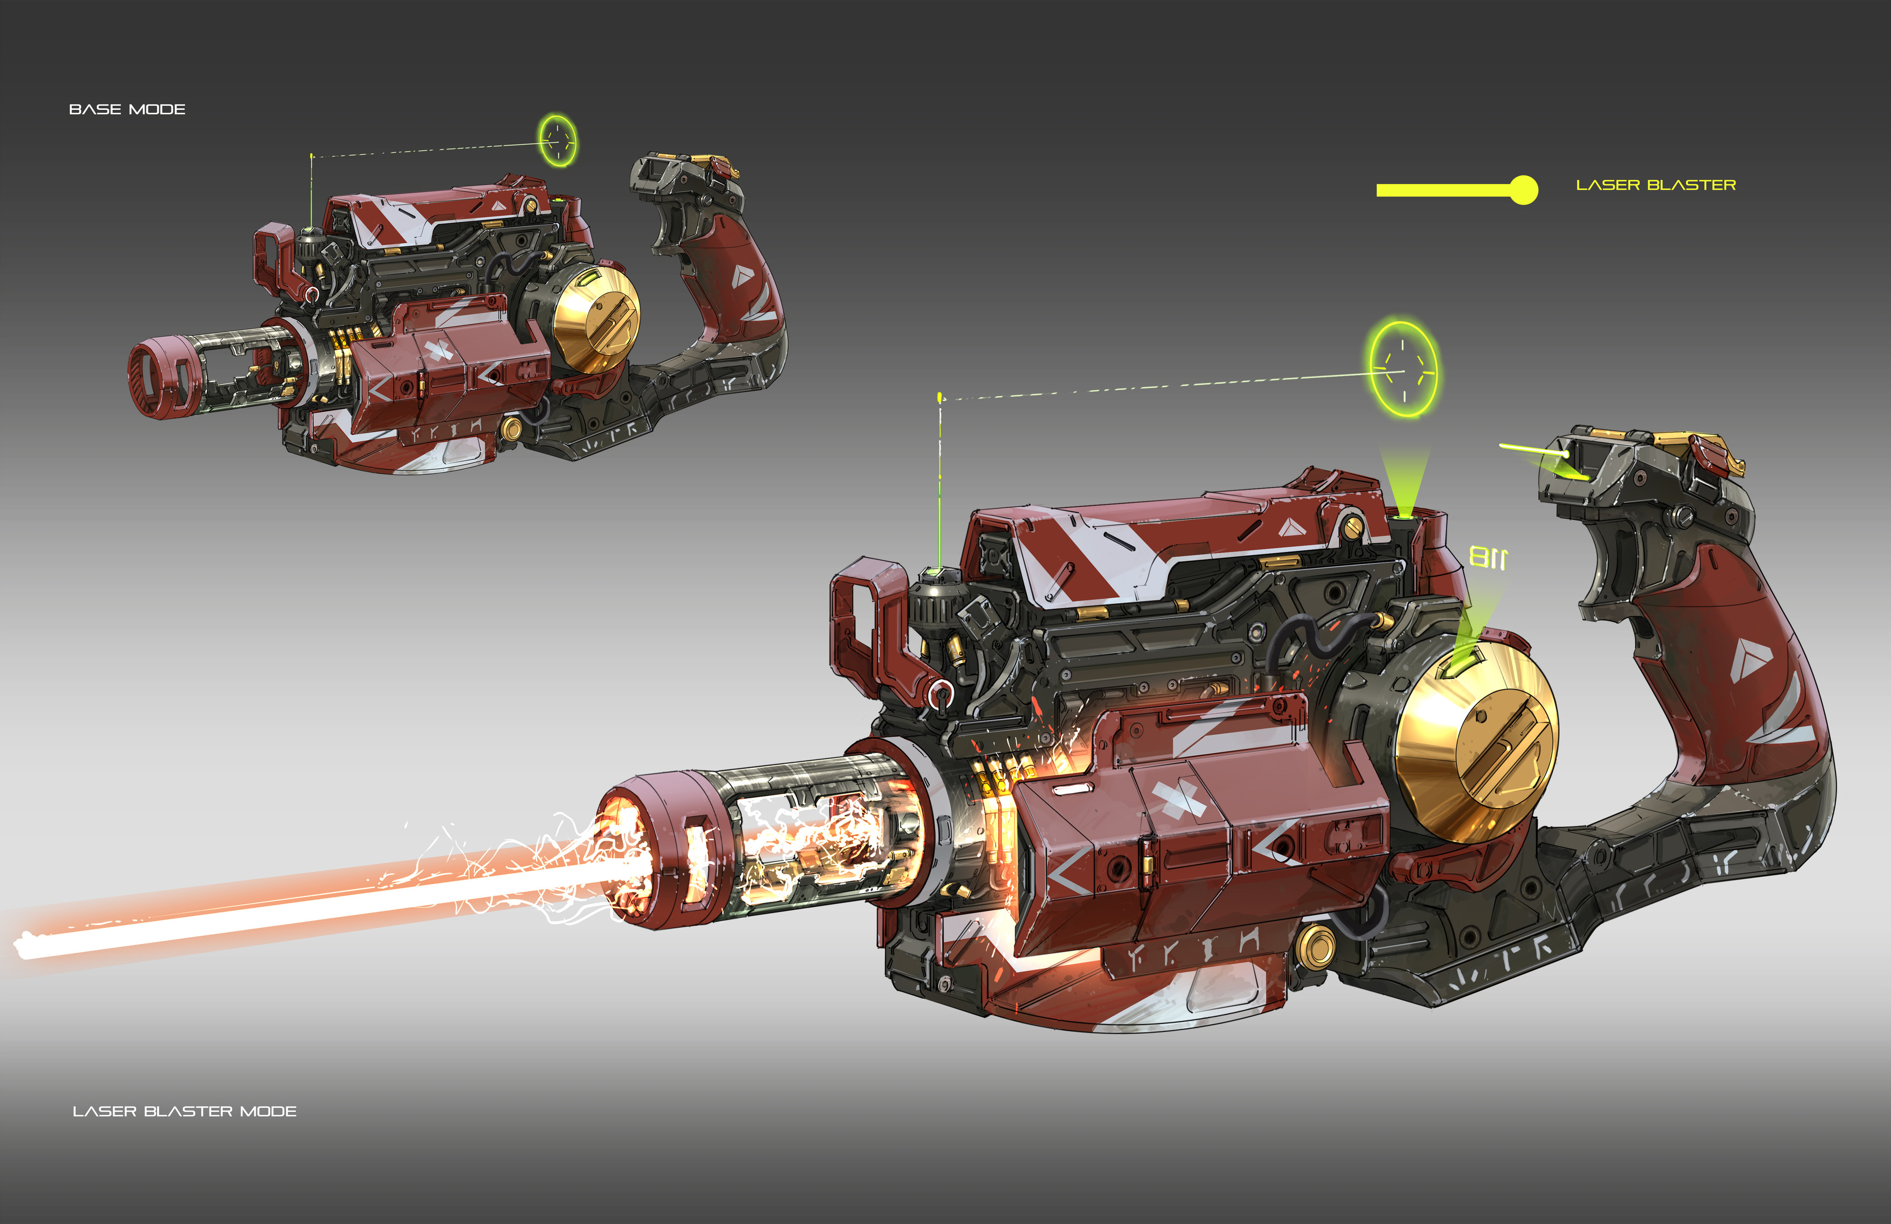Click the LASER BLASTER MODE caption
tap(184, 1111)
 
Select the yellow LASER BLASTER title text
tap(1655, 185)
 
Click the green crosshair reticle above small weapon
tap(558, 141)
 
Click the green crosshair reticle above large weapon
tap(1403, 369)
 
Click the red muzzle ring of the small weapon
tap(159, 377)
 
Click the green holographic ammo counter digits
tap(1487, 557)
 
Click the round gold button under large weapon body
tap(1316, 945)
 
